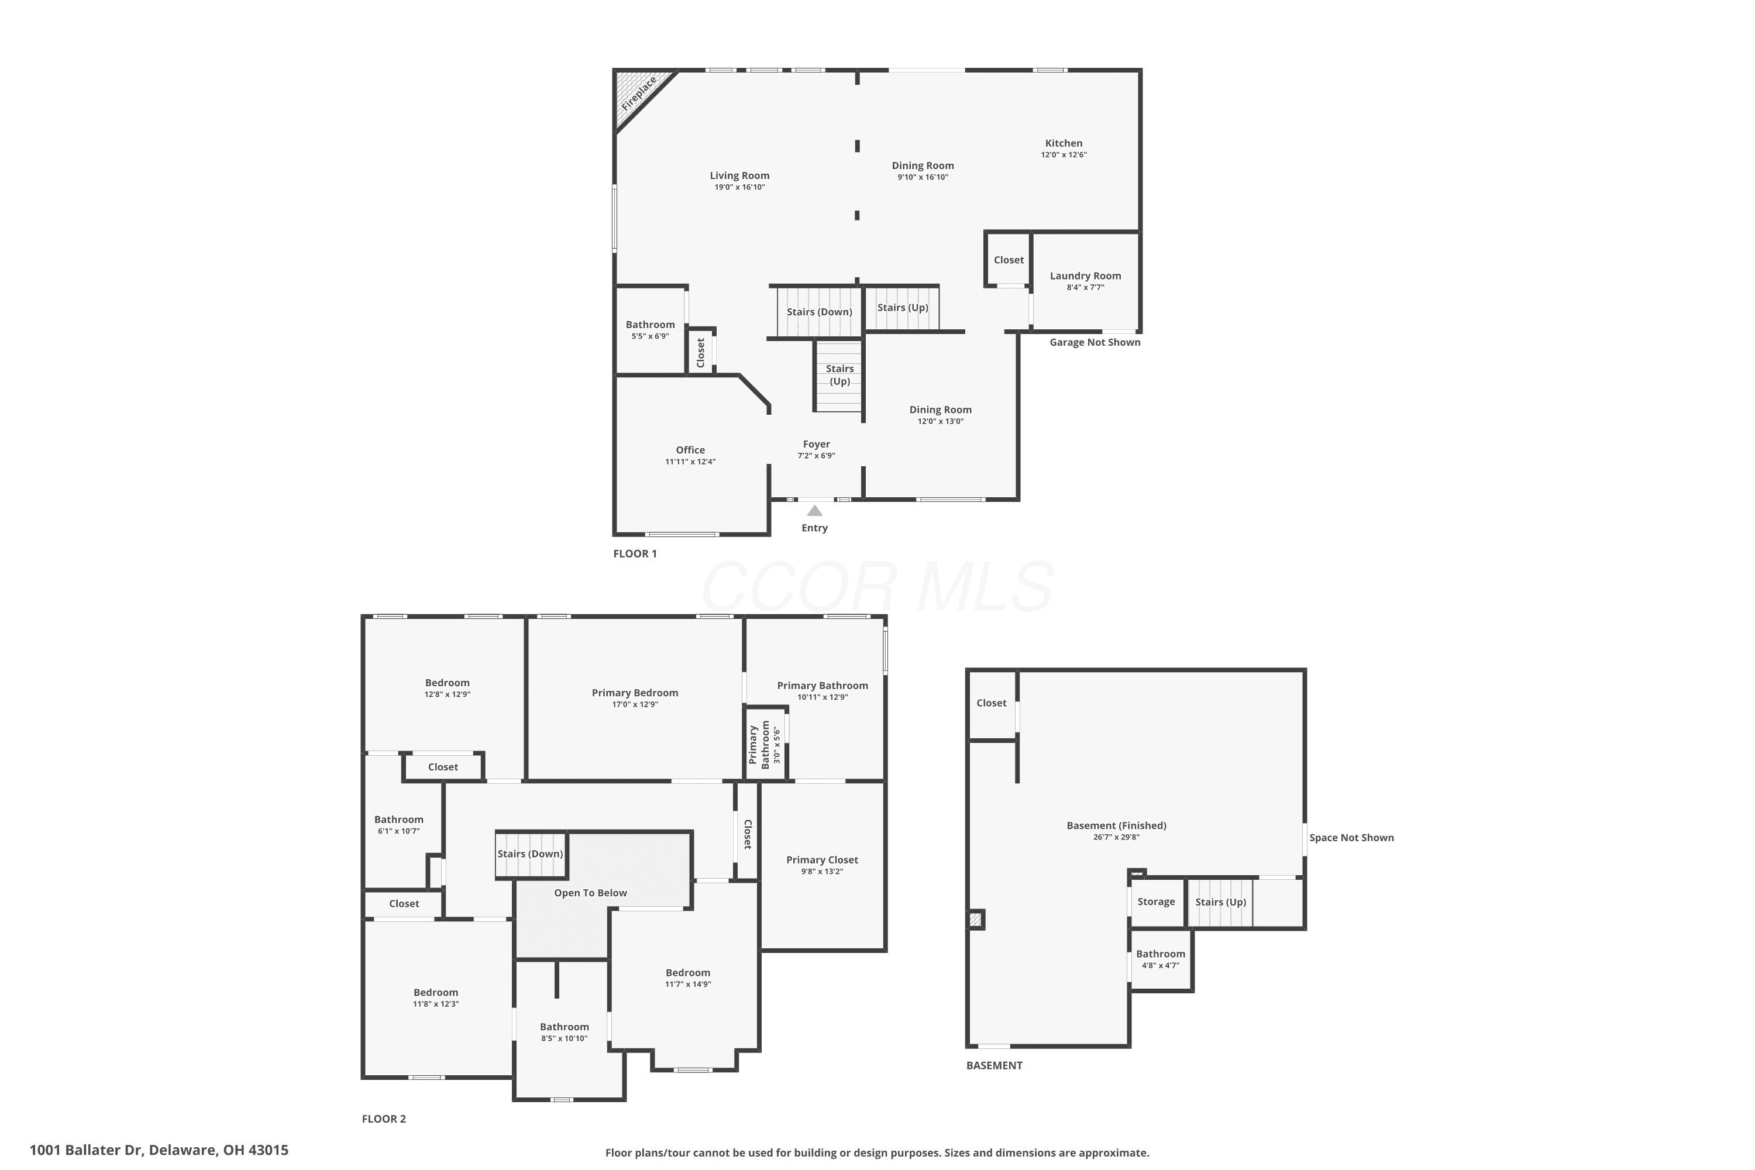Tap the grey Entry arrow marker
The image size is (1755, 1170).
(815, 510)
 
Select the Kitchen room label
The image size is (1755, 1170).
(1064, 143)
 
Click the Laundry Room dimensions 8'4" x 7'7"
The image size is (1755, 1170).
(1085, 287)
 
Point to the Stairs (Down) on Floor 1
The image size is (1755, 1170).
(820, 312)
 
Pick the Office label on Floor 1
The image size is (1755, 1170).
(690, 450)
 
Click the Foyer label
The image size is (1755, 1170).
(816, 444)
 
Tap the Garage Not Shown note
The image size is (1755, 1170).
(1095, 342)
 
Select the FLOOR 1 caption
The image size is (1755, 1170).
(635, 553)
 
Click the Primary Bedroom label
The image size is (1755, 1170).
(635, 693)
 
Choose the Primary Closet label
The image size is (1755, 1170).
(823, 859)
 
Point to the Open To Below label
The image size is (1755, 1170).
(590, 893)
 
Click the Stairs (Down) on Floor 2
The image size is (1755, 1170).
(531, 854)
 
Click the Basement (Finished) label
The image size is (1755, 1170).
(1116, 825)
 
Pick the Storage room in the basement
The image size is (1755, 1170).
(1156, 902)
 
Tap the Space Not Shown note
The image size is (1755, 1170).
(1351, 838)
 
